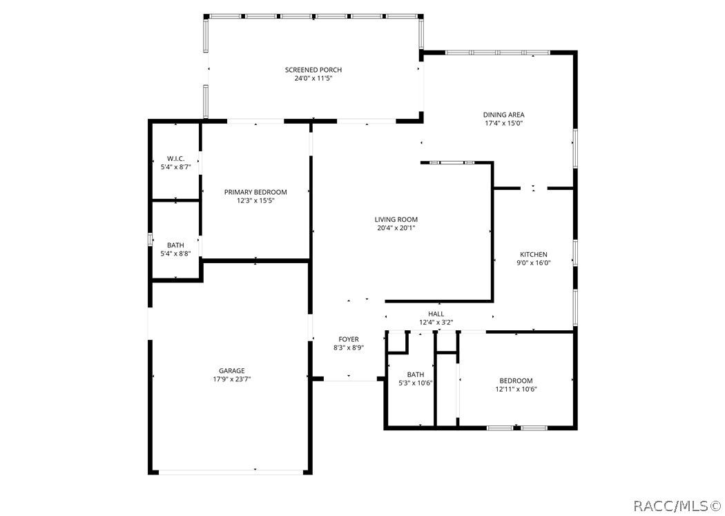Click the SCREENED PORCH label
pyautogui.click(x=313, y=70)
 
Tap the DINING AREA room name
pyautogui.click(x=503, y=115)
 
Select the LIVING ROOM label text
pyautogui.click(x=396, y=220)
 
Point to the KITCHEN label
pyautogui.click(x=534, y=254)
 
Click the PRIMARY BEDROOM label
pyautogui.click(x=255, y=192)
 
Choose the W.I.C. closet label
pyautogui.click(x=175, y=159)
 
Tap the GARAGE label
pyautogui.click(x=231, y=370)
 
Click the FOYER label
pyautogui.click(x=349, y=339)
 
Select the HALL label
pyautogui.click(x=436, y=314)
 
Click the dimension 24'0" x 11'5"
pyautogui.click(x=313, y=79)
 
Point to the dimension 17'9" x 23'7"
pyautogui.click(x=231, y=379)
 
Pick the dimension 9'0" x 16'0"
pyautogui.click(x=534, y=263)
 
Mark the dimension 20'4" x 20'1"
pyautogui.click(x=396, y=229)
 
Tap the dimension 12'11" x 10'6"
pyautogui.click(x=516, y=390)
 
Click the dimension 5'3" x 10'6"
pyautogui.click(x=416, y=383)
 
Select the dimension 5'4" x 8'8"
pyautogui.click(x=175, y=254)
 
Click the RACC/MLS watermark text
pyautogui.click(x=677, y=506)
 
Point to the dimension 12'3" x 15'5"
pyautogui.click(x=255, y=200)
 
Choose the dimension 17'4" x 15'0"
pyautogui.click(x=503, y=124)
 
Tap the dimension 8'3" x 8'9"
pyautogui.click(x=349, y=348)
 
